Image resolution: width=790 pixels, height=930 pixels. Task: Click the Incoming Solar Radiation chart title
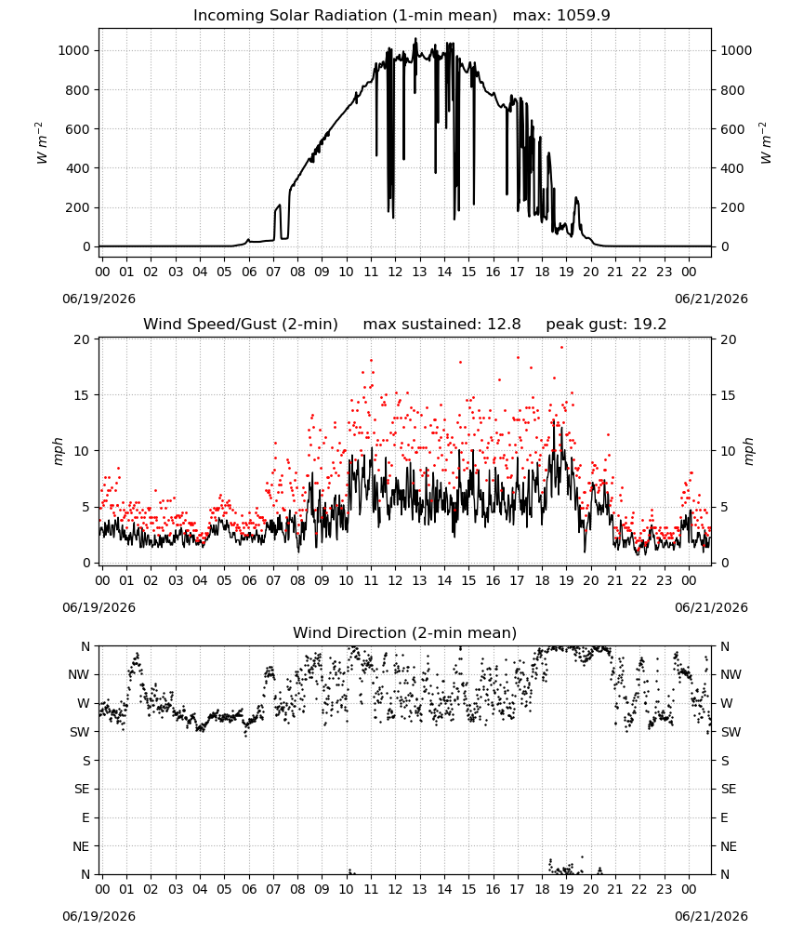click(345, 16)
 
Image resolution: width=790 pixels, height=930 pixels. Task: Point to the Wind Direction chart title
click(405, 632)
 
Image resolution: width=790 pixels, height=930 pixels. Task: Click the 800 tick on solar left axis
click(77, 90)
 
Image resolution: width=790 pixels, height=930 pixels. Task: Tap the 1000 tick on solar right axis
click(736, 50)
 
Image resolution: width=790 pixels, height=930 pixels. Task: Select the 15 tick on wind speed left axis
click(81, 395)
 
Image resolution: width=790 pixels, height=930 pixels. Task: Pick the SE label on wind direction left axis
click(82, 789)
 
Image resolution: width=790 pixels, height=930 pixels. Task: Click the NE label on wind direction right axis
click(729, 846)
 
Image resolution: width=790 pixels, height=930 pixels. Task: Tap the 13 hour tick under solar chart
click(419, 272)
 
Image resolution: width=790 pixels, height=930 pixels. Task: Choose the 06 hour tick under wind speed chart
click(249, 580)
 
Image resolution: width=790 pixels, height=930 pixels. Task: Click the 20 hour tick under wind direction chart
click(591, 889)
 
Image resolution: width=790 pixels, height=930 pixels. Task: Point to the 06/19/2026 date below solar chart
click(99, 299)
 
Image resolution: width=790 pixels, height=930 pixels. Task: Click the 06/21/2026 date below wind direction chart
click(711, 916)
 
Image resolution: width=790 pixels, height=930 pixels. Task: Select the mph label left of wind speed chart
click(58, 451)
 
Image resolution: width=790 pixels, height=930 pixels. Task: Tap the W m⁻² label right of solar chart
click(765, 142)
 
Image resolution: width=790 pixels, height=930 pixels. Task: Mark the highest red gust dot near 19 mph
click(562, 348)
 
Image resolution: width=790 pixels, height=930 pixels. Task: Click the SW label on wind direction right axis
click(731, 732)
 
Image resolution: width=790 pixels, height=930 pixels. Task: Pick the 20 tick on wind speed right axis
click(729, 339)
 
